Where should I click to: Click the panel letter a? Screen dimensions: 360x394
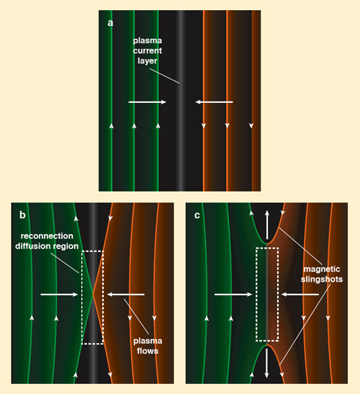110,23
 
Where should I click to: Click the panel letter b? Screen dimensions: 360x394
22,215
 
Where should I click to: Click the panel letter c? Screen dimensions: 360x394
197,215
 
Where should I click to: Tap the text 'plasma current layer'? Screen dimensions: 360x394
148,50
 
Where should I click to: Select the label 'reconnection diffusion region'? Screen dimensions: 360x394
47,241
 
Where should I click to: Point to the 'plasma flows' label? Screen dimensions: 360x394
148,346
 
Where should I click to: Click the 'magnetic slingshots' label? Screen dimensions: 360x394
322,274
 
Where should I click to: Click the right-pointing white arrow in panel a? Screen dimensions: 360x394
148,102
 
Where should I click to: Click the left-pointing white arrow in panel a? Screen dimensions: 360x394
214,102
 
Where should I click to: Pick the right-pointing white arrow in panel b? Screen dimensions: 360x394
59,295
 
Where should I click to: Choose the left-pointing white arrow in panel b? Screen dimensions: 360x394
126,295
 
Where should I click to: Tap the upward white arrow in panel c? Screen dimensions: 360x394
267,225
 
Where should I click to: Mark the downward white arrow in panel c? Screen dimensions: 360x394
267,363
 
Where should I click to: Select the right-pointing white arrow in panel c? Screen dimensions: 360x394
233,295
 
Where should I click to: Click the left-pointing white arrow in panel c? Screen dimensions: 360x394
300,295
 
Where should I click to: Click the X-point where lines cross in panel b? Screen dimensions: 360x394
93,293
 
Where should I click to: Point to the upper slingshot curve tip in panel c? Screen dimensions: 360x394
267,243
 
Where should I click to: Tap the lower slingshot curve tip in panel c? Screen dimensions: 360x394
267,345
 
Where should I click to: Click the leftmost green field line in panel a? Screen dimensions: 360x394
112,101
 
